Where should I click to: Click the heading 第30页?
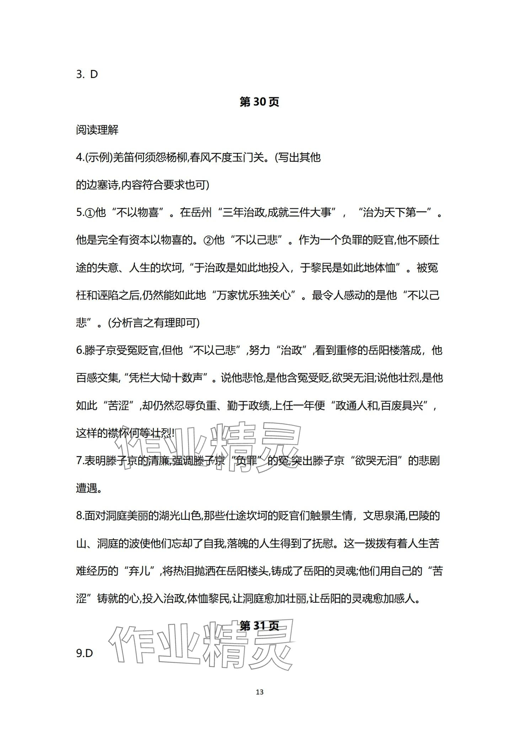(x=259, y=102)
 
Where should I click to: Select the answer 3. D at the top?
(x=87, y=74)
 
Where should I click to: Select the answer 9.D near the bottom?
(x=84, y=653)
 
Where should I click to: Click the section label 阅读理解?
(x=97, y=130)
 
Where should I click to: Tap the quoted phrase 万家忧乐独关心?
(x=254, y=295)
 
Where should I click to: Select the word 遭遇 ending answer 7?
(x=86, y=488)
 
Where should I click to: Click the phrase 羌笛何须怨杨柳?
(x=149, y=157)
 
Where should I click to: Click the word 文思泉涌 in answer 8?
(x=384, y=516)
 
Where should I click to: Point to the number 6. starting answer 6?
(x=80, y=351)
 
